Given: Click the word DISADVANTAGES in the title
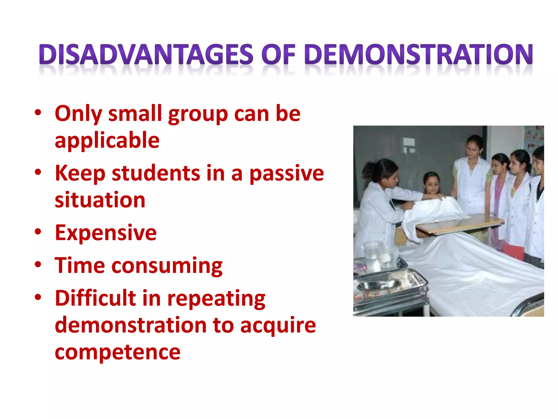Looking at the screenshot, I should point(146,54).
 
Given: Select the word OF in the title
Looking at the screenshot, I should point(278,54).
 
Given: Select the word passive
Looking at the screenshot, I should point(287,173).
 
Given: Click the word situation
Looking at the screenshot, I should point(100,200).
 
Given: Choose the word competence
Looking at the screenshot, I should point(117,352).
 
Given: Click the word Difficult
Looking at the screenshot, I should point(95,298).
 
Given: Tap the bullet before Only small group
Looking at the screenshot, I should point(38,112).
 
